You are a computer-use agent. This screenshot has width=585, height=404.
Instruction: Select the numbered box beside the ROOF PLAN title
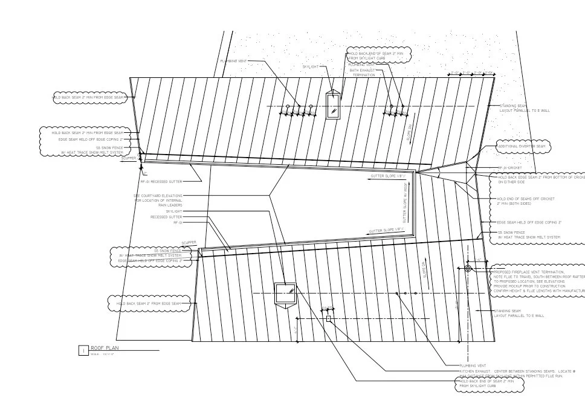point(83,350)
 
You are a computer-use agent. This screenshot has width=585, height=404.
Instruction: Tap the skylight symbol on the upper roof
point(333,104)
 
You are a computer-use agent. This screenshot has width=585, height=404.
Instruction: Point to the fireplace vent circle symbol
point(468,269)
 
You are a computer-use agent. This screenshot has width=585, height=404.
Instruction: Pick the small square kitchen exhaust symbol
point(328,318)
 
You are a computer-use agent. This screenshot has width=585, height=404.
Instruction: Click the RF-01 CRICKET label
point(509,168)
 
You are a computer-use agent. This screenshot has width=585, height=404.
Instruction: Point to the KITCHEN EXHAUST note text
point(517,372)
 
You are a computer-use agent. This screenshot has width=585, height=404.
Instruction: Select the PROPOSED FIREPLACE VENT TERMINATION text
point(529,272)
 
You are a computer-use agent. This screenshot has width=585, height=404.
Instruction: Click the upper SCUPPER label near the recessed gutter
point(129,158)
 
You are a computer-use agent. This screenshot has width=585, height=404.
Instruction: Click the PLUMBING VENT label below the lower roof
point(473,366)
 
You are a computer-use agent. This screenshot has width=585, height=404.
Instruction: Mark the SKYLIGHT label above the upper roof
point(310,66)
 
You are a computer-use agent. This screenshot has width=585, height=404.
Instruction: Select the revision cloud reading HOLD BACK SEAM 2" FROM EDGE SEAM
point(149,303)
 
